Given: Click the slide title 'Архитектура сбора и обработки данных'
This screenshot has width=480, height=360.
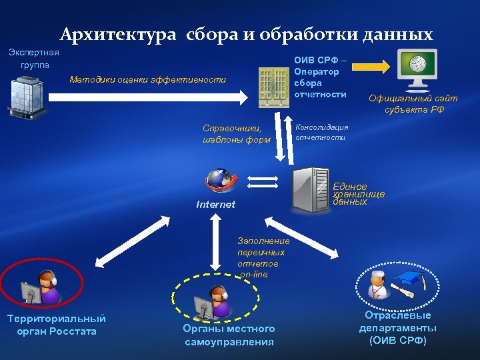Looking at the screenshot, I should [246, 34].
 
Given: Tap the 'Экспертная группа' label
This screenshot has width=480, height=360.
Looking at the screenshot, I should [34, 59].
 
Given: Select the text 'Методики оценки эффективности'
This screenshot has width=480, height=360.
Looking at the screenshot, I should [148, 81].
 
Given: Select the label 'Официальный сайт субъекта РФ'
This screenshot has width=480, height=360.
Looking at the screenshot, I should [413, 104].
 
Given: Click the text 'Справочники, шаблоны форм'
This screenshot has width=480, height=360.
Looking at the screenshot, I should [237, 134].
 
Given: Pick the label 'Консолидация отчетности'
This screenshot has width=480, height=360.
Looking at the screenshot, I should [321, 132].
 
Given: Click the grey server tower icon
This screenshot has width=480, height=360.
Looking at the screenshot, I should [311, 189].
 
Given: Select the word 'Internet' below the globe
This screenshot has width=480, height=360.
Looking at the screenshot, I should [215, 205].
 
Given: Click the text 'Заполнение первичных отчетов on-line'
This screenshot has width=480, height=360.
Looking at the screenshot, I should [263, 258].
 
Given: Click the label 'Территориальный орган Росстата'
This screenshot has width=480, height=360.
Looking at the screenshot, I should [56, 325].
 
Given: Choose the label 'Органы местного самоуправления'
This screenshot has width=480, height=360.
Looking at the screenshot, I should [229, 335].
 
